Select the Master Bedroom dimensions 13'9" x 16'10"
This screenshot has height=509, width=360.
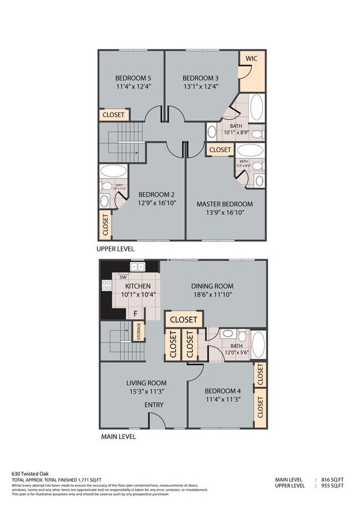click(x=224, y=212)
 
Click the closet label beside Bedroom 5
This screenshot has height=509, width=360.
click(x=115, y=115)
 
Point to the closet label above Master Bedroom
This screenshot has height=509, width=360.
click(x=220, y=150)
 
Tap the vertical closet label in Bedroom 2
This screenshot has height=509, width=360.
click(x=105, y=225)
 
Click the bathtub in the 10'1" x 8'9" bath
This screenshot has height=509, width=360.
click(x=256, y=108)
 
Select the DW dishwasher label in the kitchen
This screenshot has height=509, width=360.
click(x=123, y=277)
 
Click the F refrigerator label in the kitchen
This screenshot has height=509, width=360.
click(x=136, y=313)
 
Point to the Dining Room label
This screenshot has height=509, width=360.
click(x=213, y=286)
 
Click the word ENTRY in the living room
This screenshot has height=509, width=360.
click(x=154, y=405)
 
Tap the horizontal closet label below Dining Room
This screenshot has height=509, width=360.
click(x=183, y=320)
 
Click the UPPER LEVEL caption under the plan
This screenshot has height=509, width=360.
click(x=115, y=249)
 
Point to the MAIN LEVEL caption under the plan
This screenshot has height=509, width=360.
click(x=118, y=436)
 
